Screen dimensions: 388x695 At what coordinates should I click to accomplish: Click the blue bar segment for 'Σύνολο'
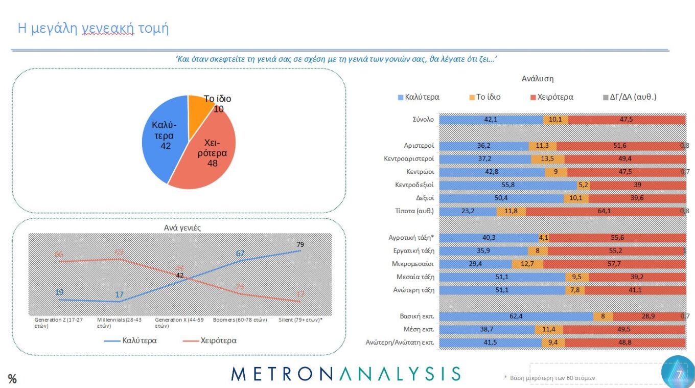tap(491, 120)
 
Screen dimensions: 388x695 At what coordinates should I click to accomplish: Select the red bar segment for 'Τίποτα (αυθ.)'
tap(605, 211)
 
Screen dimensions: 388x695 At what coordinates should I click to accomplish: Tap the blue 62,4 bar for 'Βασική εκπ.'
tap(516, 316)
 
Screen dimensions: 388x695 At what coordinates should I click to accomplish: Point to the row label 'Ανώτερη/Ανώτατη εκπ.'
tap(400, 343)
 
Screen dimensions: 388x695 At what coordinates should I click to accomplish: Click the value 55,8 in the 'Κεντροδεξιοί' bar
tap(508, 185)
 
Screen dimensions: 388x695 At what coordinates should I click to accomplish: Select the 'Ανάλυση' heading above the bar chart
tap(537, 79)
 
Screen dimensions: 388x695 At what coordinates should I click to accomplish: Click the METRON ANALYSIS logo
tap(345, 374)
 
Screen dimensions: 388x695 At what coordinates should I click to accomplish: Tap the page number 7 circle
tap(678, 374)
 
